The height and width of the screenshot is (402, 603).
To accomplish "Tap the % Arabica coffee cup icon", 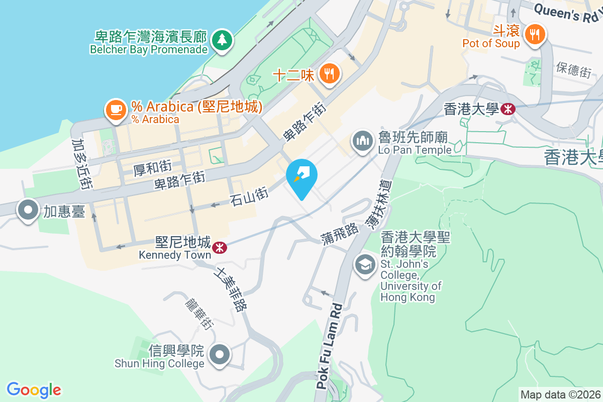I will (116, 109).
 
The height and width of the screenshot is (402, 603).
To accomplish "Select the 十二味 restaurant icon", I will (330, 75).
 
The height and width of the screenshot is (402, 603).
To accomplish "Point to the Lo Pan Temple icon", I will (362, 141).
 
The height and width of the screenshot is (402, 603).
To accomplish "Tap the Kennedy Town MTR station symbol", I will (219, 247).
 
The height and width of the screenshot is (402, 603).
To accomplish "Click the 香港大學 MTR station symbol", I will (508, 109).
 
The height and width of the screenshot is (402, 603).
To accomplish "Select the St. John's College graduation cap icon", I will (365, 264).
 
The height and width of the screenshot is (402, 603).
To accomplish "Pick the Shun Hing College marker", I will (220, 355).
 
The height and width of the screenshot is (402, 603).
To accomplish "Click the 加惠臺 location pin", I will (28, 210).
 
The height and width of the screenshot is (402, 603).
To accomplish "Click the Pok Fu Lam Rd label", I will (330, 347).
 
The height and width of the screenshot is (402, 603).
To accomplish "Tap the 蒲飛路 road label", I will (340, 234).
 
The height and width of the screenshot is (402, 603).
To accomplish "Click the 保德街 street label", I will (573, 70).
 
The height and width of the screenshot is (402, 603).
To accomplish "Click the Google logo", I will (34, 390).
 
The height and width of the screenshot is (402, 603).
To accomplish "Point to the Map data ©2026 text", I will (560, 395).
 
